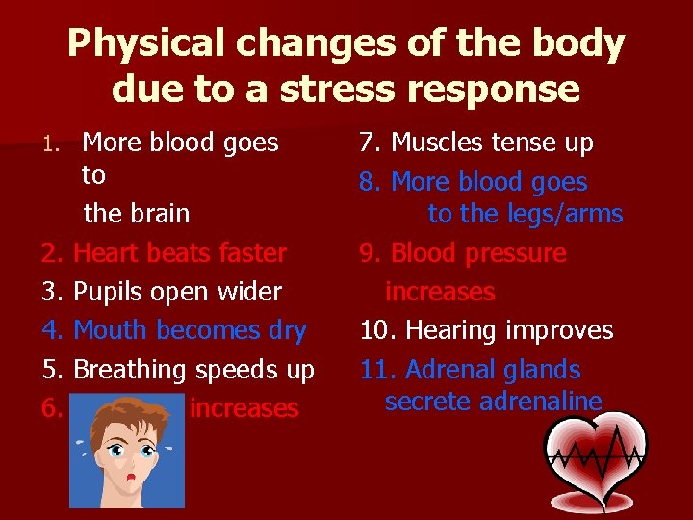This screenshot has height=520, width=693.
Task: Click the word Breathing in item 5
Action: (x=130, y=370)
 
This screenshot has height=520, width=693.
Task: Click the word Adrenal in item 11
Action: (x=453, y=370)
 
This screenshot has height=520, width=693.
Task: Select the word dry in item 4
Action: (x=287, y=330)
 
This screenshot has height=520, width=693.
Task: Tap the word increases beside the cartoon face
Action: (x=244, y=408)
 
